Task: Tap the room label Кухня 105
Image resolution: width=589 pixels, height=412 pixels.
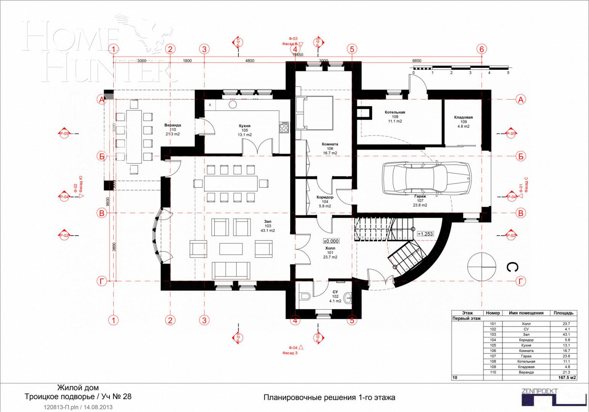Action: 245,130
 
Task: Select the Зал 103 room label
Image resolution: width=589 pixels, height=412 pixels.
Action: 267,226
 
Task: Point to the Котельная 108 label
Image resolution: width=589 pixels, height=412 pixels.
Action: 395,117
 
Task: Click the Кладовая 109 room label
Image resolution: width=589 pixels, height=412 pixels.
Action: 463,122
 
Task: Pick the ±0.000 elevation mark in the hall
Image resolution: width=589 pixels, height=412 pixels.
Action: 331,241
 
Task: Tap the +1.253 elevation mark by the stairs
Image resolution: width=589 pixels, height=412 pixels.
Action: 425,234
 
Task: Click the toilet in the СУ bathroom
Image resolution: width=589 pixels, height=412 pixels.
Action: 305,296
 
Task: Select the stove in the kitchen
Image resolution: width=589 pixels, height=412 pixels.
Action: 284,127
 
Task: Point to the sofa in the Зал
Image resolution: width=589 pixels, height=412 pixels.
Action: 231,270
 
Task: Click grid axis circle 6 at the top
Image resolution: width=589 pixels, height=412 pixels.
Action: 481,49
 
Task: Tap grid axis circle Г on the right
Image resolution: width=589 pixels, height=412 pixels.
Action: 521,282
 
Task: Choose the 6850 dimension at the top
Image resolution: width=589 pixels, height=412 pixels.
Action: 417,61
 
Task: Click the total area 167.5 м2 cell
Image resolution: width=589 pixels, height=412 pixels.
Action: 563,378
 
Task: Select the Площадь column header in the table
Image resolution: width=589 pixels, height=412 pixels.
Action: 563,313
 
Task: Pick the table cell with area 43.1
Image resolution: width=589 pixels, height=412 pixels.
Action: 563,335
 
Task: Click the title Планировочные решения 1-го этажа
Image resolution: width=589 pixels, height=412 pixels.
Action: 329,398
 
